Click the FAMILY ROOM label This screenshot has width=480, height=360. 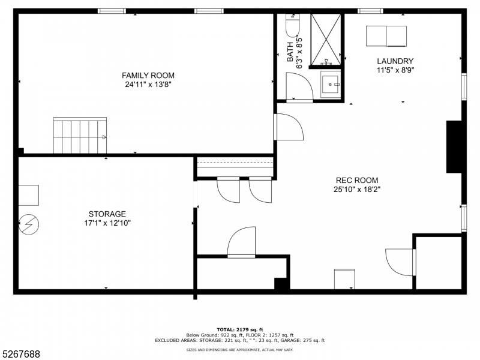pos(148,75)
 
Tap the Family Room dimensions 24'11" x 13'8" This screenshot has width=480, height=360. pos(148,85)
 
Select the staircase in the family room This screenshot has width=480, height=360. pos(80,136)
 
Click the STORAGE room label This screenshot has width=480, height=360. pos(107,214)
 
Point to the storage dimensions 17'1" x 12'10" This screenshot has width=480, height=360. pos(107,223)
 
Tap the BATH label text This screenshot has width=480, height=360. pos(290,52)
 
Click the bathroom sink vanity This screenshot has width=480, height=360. pos(330,85)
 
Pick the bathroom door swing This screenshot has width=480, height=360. pos(299,89)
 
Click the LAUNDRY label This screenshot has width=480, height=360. pos(395,61)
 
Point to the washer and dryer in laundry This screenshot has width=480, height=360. pos(386,36)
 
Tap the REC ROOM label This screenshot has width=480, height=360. pos(356,180)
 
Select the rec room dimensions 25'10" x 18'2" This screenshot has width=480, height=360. pos(356,190)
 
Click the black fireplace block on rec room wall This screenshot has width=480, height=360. pos(454,147)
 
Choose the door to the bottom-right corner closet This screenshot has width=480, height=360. pos(400,262)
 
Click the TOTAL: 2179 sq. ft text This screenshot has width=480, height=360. pos(240,329)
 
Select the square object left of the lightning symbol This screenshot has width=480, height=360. pos(28,195)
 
